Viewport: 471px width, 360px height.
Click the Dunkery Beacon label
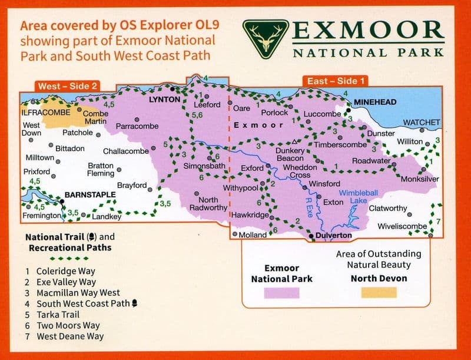290,154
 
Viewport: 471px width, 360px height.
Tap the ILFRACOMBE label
45,111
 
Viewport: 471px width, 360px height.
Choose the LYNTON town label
164,100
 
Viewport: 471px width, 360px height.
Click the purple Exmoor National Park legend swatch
281,293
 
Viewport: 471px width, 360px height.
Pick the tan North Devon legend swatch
379,293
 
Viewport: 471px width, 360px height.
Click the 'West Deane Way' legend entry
69,336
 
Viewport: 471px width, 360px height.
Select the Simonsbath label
205,167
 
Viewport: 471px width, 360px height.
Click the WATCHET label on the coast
421,123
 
